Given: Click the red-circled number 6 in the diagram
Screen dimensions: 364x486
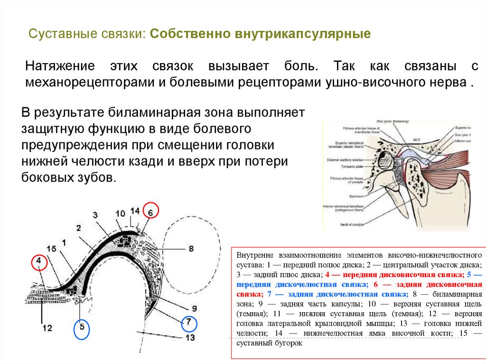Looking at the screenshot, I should (x=150, y=213).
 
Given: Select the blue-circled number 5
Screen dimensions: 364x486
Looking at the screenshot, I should (x=82, y=327).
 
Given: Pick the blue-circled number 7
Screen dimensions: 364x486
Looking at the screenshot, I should (x=189, y=323).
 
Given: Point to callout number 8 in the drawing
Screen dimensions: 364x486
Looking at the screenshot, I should (x=191, y=248).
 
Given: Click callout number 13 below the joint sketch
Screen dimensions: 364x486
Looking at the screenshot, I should (x=190, y=338).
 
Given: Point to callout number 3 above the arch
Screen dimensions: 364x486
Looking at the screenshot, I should (x=95, y=215).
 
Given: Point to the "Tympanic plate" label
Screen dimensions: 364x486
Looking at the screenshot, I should (x=350, y=167).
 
